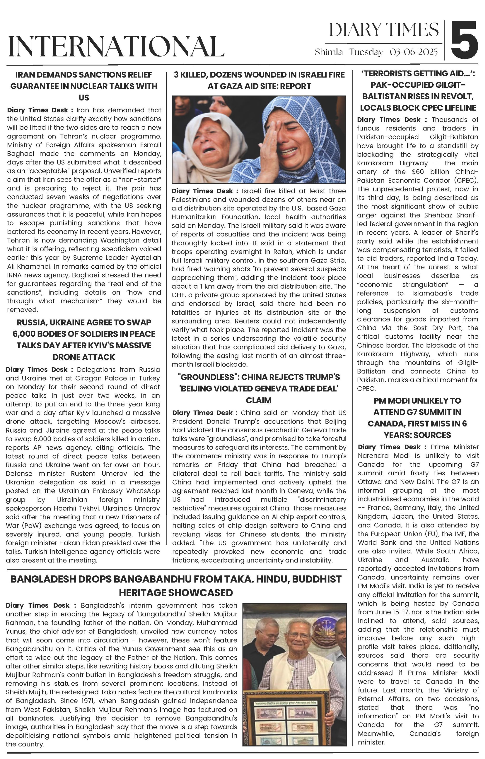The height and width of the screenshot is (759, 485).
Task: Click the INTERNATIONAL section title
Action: [116, 47]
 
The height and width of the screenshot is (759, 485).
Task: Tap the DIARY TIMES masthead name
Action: [384, 30]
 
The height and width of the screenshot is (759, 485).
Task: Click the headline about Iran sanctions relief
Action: [84, 86]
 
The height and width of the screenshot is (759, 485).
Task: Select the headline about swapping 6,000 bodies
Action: [84, 339]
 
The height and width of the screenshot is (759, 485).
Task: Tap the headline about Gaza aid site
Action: [259, 80]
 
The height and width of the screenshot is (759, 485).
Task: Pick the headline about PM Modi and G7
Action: [417, 418]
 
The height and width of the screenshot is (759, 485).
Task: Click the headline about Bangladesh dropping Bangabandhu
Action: [176, 586]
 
